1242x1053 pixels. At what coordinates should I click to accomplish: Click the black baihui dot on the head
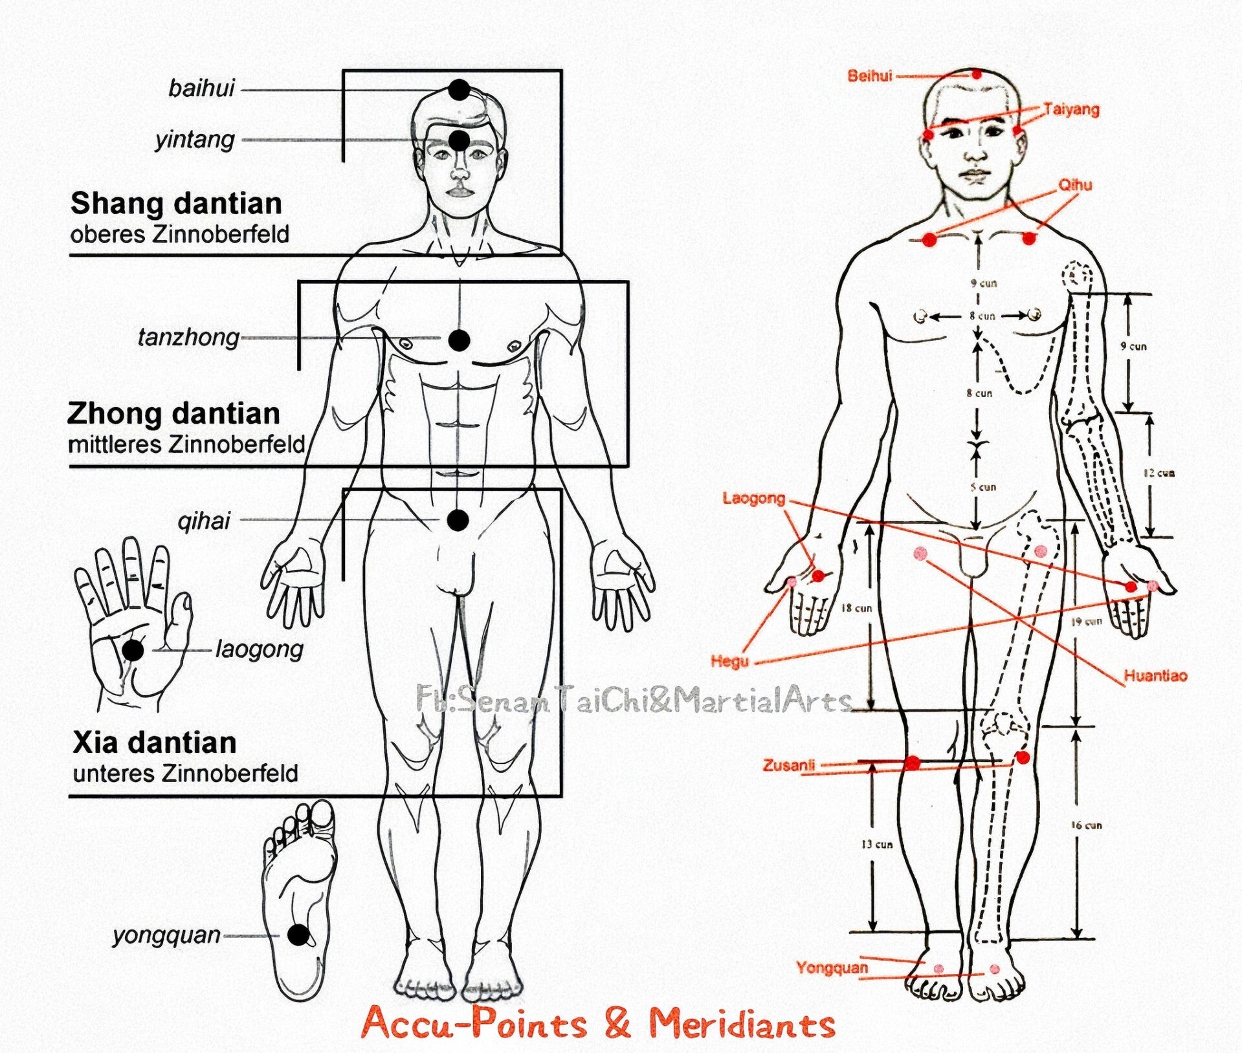[459, 90]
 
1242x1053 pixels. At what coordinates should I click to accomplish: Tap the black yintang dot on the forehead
[459, 140]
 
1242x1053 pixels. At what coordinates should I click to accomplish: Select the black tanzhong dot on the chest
[459, 340]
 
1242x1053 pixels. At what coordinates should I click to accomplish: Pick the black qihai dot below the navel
[458, 519]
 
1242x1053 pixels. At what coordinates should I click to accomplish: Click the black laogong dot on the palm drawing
[133, 650]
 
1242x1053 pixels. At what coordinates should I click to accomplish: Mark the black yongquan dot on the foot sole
[298, 935]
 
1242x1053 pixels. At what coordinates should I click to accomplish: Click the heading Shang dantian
[176, 204]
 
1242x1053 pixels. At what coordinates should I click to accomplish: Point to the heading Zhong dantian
[173, 413]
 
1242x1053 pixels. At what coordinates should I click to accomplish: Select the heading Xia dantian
[154, 743]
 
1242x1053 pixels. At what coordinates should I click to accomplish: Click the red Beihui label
[869, 76]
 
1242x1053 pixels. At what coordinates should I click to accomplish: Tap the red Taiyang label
[1071, 109]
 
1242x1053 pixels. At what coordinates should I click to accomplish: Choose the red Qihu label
[1075, 185]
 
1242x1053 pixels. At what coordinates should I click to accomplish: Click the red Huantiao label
[1155, 676]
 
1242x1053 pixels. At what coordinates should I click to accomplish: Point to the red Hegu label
[729, 661]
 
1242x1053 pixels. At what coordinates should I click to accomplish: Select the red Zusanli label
[788, 765]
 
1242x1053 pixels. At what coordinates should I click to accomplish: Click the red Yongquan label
[832, 968]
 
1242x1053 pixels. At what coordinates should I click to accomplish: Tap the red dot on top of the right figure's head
[977, 74]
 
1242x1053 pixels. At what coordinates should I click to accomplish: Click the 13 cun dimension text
[876, 845]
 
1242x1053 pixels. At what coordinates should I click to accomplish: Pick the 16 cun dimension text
[1085, 825]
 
